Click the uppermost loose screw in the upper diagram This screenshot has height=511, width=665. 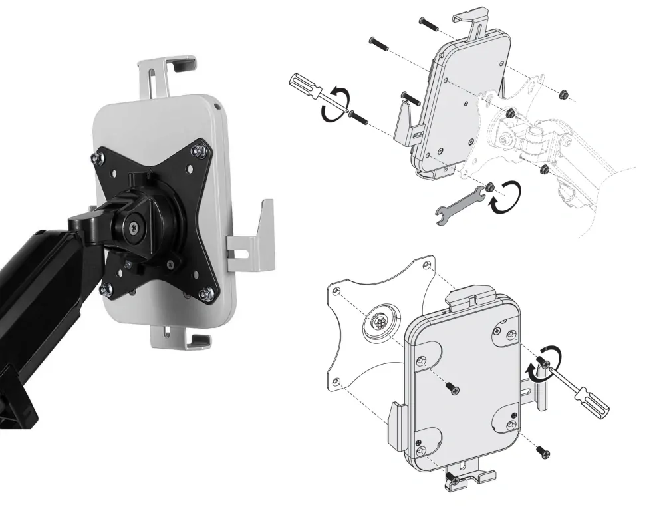pyautogui.click(x=428, y=23)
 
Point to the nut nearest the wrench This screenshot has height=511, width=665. pyautogui.click(x=489, y=186)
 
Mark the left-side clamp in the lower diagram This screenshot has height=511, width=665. pyautogui.click(x=396, y=426)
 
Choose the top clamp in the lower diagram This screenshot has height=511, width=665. pyautogui.click(x=471, y=297)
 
